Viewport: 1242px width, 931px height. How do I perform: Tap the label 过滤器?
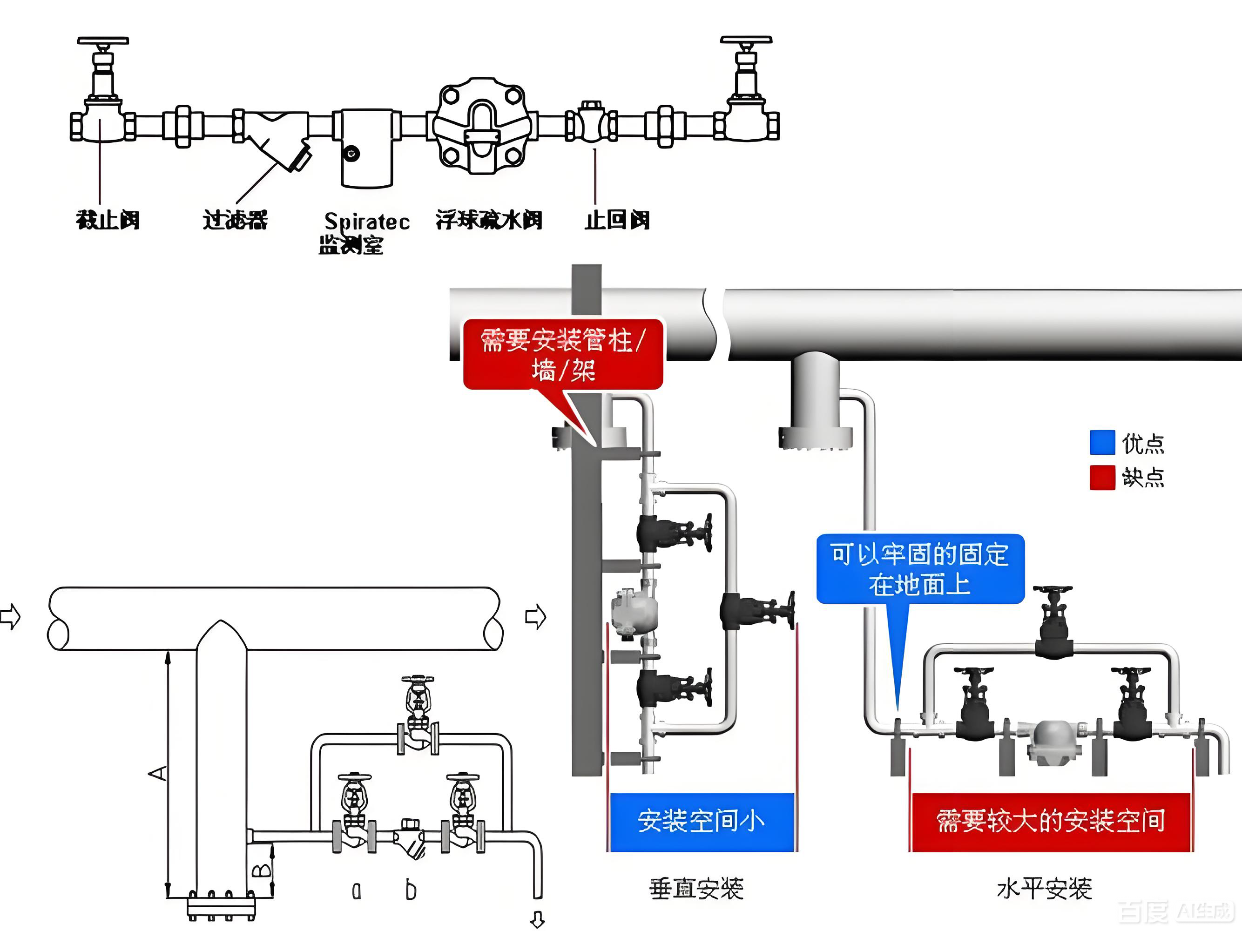pos(235,220)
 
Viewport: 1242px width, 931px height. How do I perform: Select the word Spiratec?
pos(367,221)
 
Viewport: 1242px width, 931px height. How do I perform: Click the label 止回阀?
pos(617,220)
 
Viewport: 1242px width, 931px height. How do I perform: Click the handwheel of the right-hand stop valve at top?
pos(746,40)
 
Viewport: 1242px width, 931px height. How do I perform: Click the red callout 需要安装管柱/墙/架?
pos(563,354)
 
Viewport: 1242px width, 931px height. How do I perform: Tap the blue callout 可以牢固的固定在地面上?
pos(920,569)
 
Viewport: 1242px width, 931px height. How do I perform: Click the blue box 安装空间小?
pos(701,822)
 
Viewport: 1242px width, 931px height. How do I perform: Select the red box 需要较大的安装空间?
pos(1050,822)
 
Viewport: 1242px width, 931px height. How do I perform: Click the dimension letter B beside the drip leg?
pos(261,871)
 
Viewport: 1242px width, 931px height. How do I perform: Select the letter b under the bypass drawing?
pos(411,890)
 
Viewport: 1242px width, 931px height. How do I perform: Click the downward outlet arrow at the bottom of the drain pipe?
pos(537,920)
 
